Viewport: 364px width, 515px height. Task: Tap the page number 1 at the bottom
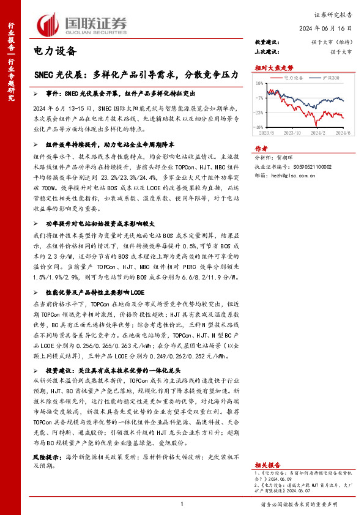click(182, 504)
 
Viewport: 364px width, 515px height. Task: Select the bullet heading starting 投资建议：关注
click(104, 370)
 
